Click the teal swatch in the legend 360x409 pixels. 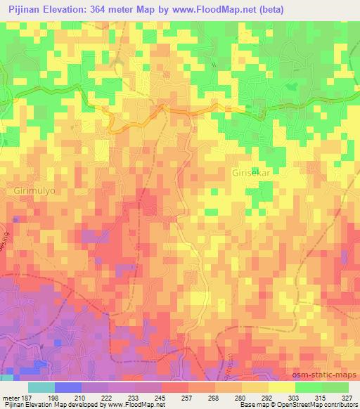[41, 387]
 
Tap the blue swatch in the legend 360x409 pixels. [68, 387]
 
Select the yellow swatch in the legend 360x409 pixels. [281, 387]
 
